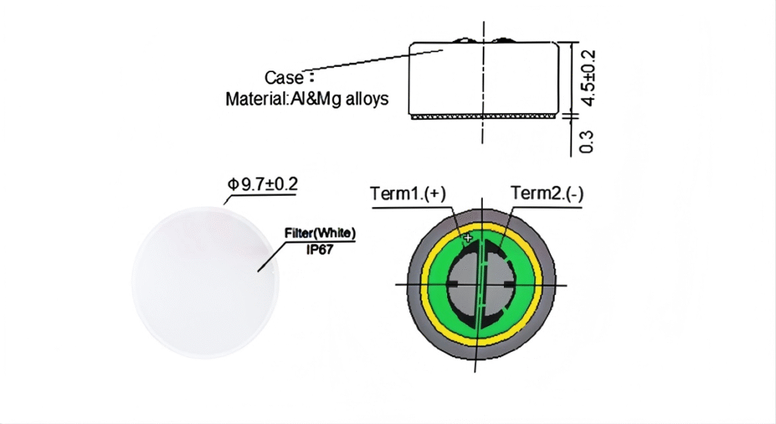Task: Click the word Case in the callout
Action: [x=284, y=77]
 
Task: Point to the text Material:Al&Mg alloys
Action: [x=307, y=99]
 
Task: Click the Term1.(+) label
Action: [x=407, y=194]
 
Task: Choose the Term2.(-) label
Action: [x=546, y=194]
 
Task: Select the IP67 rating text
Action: [x=320, y=246]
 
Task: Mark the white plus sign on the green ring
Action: [x=467, y=238]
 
